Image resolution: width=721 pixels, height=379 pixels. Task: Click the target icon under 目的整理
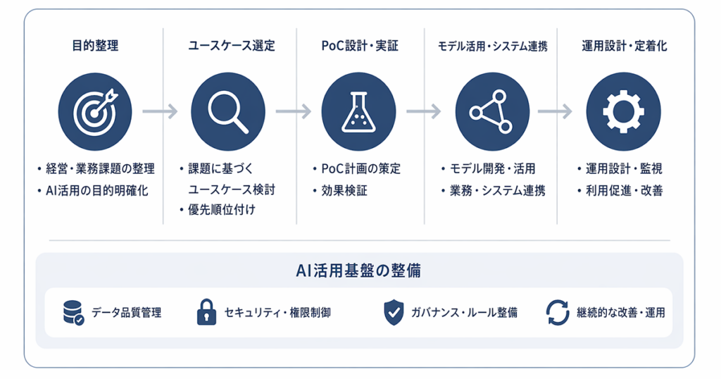(95, 111)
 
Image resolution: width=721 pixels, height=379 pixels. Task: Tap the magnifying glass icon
(227, 111)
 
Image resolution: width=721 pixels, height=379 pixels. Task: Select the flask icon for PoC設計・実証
(358, 111)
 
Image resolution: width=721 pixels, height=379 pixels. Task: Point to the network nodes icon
(492, 111)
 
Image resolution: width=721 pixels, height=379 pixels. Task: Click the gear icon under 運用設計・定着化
(624, 111)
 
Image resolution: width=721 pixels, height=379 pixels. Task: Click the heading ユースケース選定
(231, 46)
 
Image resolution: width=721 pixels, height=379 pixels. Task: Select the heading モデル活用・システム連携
(492, 46)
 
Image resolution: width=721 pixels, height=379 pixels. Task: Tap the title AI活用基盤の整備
(358, 271)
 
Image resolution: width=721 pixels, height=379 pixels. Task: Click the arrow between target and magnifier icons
(160, 111)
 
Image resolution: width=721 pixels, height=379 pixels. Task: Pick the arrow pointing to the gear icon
(555, 111)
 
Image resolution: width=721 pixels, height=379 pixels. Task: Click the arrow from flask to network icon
(424, 111)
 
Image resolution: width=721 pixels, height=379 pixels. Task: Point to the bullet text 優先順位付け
(222, 210)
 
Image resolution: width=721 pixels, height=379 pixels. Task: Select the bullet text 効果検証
(344, 190)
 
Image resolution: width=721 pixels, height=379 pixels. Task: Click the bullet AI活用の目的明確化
(97, 190)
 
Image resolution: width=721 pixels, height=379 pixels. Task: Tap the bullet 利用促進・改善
(624, 190)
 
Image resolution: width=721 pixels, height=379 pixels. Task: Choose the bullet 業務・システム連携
(498, 190)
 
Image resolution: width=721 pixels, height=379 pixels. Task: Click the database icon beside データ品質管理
(73, 313)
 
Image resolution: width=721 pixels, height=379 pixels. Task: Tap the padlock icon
(206, 312)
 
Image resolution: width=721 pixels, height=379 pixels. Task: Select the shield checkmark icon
(394, 313)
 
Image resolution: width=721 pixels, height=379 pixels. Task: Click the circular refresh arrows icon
(558, 313)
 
